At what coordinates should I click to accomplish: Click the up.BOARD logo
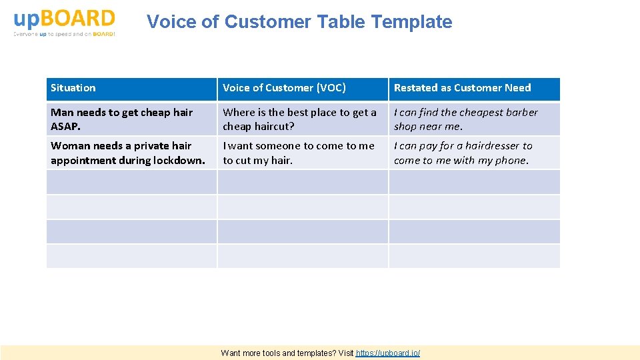(x=64, y=22)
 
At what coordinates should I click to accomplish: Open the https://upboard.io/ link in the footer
(x=388, y=353)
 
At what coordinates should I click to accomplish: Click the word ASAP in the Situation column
(x=65, y=127)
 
